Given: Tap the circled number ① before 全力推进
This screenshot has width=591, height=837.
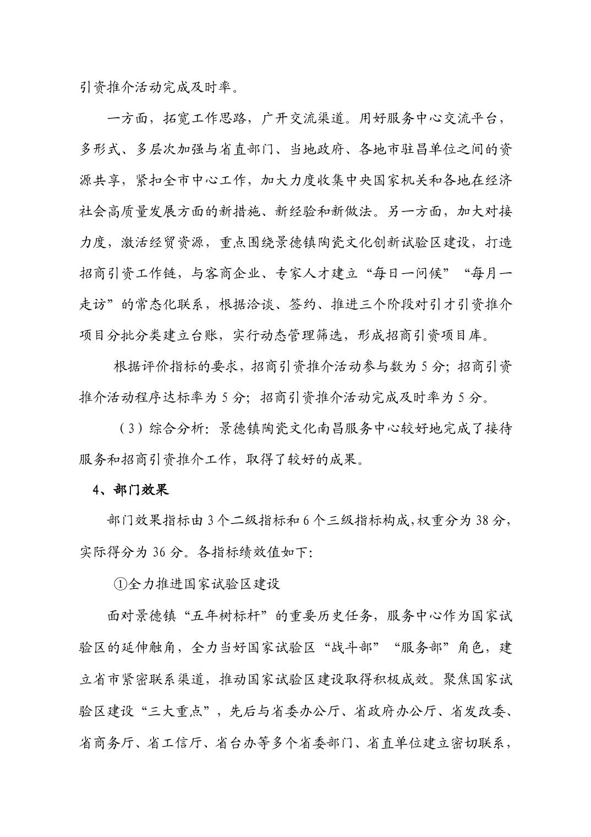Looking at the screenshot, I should coord(120,584).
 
